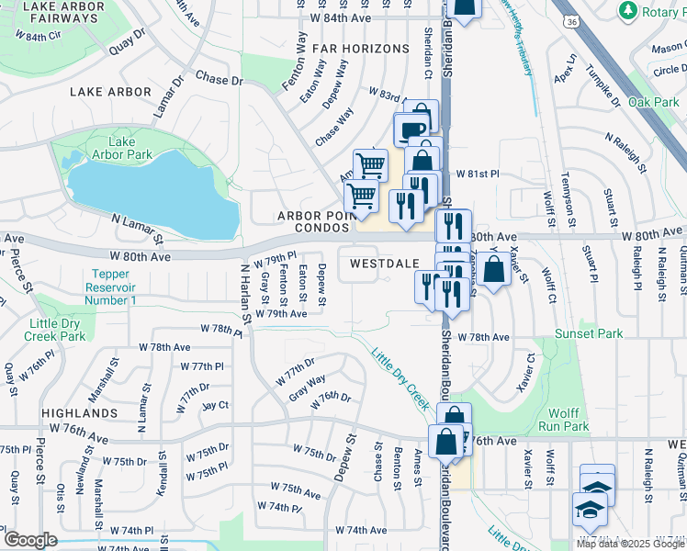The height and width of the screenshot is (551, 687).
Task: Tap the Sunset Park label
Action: click(x=587, y=334)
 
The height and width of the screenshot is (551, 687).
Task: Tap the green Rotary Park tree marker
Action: click(x=628, y=10)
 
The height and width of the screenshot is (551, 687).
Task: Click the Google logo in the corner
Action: click(x=30, y=540)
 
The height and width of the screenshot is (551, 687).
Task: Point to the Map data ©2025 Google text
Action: click(x=630, y=544)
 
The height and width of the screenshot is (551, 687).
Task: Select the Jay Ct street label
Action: click(x=215, y=404)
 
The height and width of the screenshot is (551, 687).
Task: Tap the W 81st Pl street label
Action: click(x=476, y=174)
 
